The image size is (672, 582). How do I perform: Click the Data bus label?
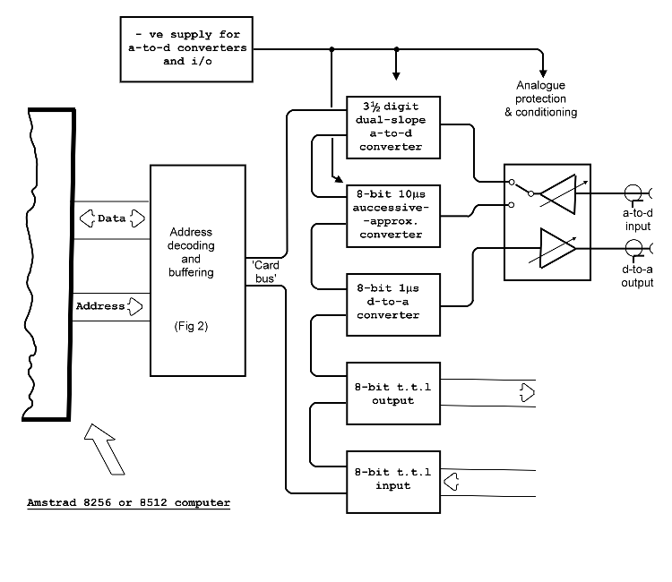[x=111, y=218]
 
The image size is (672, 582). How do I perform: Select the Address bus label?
[x=100, y=306]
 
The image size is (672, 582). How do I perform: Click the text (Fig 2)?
[x=191, y=326]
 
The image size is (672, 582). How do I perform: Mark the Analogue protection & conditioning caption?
[x=547, y=99]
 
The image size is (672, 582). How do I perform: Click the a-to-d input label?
[x=637, y=219]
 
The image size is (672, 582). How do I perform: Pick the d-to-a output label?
[x=637, y=276]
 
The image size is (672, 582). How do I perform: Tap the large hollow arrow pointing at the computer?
[x=104, y=453]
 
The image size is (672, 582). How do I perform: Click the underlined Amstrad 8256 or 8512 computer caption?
[x=128, y=502]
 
